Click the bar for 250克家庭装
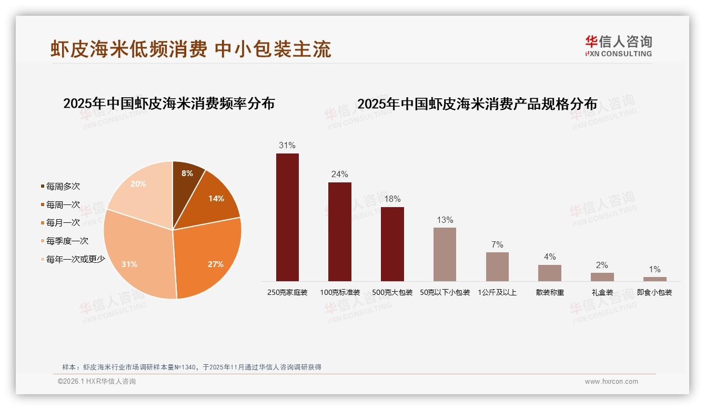click(x=287, y=217)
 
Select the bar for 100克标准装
click(x=339, y=231)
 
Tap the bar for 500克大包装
click(x=392, y=244)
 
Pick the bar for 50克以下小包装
click(x=445, y=254)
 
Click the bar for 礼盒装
click(x=602, y=276)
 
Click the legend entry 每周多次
click(x=62, y=187)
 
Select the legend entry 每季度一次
click(x=66, y=241)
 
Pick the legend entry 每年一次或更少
click(x=75, y=259)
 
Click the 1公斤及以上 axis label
click(x=497, y=292)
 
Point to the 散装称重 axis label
click(x=550, y=292)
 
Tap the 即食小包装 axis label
click(x=654, y=292)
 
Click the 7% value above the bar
click(x=497, y=244)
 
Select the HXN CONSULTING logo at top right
click(x=618, y=46)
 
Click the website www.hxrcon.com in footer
click(x=611, y=382)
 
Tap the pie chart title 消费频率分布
click(x=169, y=104)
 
